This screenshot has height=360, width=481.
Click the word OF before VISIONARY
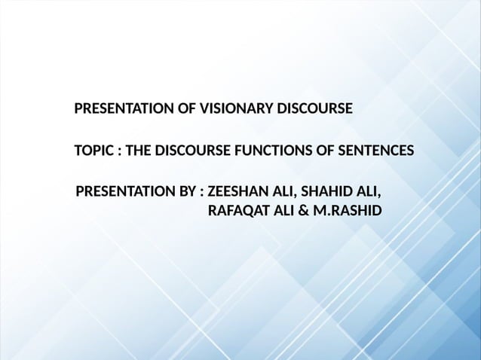(183, 110)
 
